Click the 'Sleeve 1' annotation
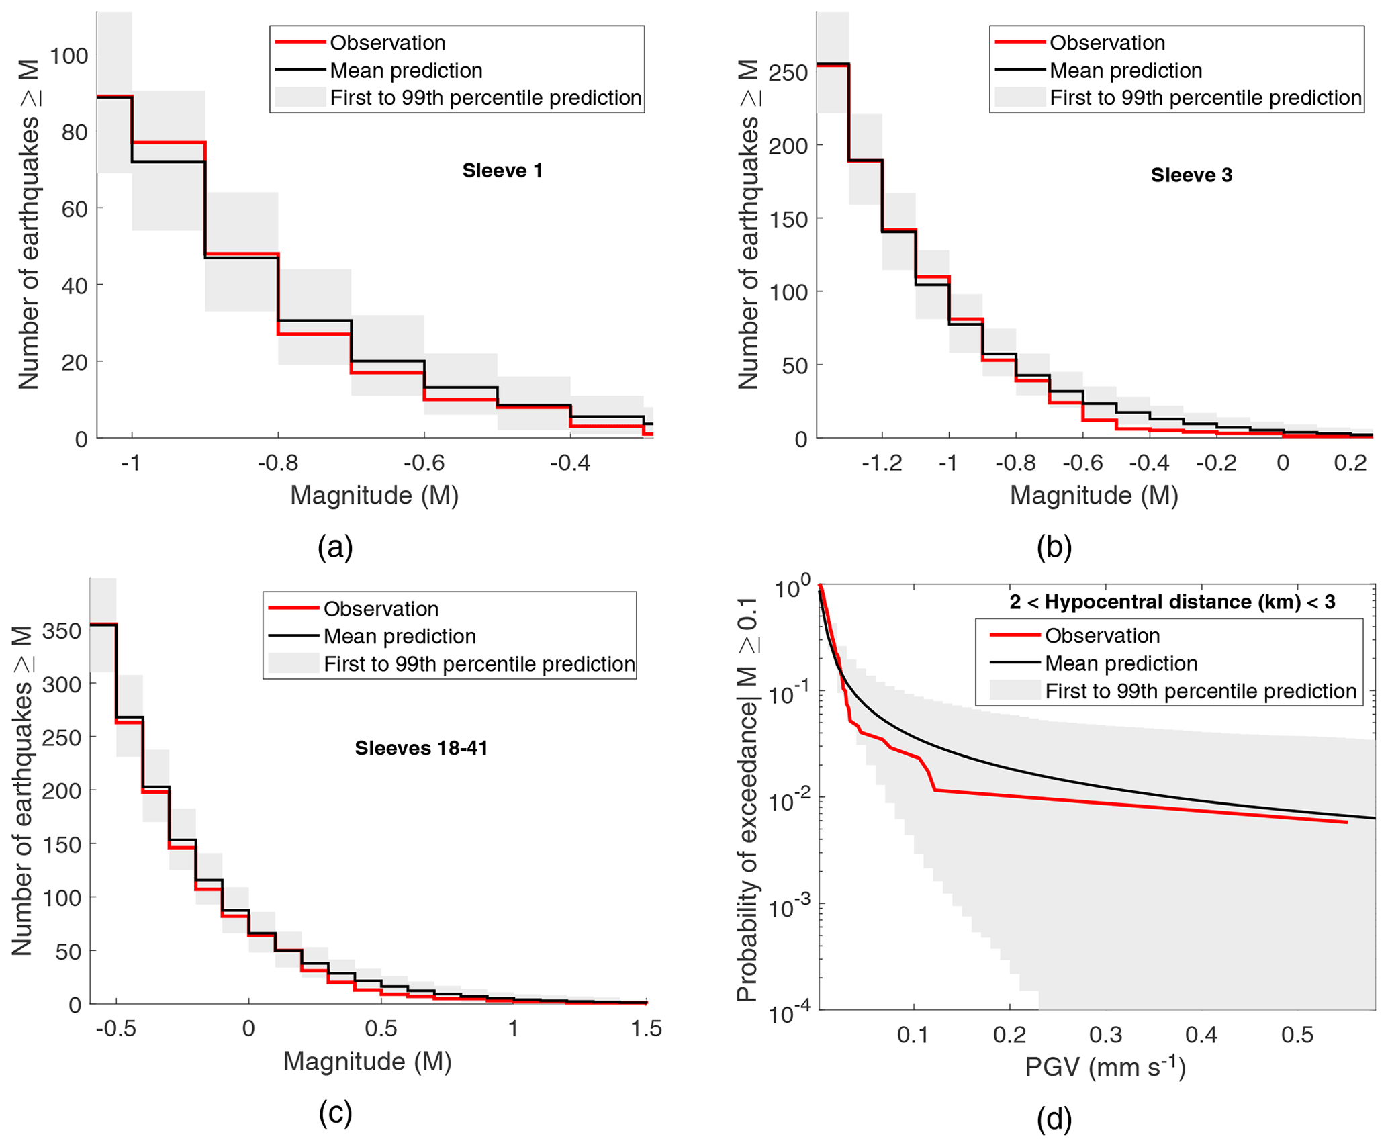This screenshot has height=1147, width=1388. [502, 171]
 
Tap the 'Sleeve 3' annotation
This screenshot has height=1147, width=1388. [1191, 175]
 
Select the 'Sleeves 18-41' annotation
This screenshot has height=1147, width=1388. [421, 748]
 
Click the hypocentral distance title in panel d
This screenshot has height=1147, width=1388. [1172, 602]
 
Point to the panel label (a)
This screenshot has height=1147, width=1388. [335, 547]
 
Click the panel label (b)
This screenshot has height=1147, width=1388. [1054, 547]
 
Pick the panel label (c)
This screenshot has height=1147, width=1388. [335, 1113]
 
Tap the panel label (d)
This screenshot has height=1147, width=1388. [1054, 1118]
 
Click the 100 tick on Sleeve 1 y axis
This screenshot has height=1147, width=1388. [68, 56]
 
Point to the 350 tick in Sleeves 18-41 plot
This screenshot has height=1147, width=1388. [61, 631]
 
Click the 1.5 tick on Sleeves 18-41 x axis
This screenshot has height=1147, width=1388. [647, 1029]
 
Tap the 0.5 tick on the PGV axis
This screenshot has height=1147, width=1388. [1297, 1034]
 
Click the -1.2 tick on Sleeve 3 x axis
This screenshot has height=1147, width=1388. [881, 463]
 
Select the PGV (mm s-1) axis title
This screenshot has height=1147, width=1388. [1105, 1067]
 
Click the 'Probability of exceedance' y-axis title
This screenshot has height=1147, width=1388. [747, 799]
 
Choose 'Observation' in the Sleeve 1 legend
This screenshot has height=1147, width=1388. [387, 43]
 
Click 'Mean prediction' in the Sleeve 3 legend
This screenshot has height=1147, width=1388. [1125, 71]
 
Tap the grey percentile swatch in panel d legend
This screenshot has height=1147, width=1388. [1015, 691]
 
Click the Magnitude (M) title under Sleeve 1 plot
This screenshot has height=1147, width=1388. [374, 496]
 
